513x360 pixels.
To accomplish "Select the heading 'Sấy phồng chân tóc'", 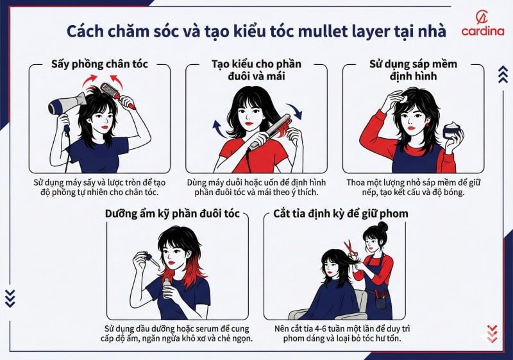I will click(99, 65).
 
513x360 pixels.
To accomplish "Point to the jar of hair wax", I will click(453, 131).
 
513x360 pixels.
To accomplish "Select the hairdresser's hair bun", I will click(382, 227).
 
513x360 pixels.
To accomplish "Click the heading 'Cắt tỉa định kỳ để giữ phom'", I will click(333, 214).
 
